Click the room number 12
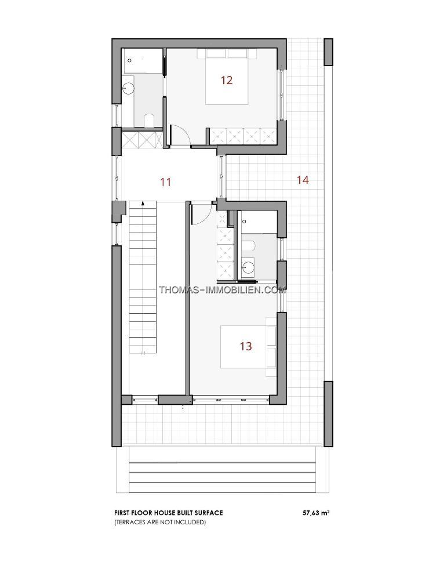pos(226,80)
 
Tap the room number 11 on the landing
pos(166,182)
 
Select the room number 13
pos(246,346)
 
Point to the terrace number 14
pos(303,180)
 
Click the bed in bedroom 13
pos(248,347)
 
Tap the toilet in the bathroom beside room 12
pos(149,121)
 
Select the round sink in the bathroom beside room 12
pos(129,88)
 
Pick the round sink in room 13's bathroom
pos(248,267)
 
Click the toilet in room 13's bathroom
pos(249,245)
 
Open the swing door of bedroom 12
pos(180,135)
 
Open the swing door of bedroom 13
pos(201,213)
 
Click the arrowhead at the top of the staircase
pos(143,203)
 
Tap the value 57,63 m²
pos(316,513)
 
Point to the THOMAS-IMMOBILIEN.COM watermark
pos(222,289)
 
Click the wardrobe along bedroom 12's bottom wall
pos(242,136)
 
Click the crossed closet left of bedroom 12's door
pos(143,140)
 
